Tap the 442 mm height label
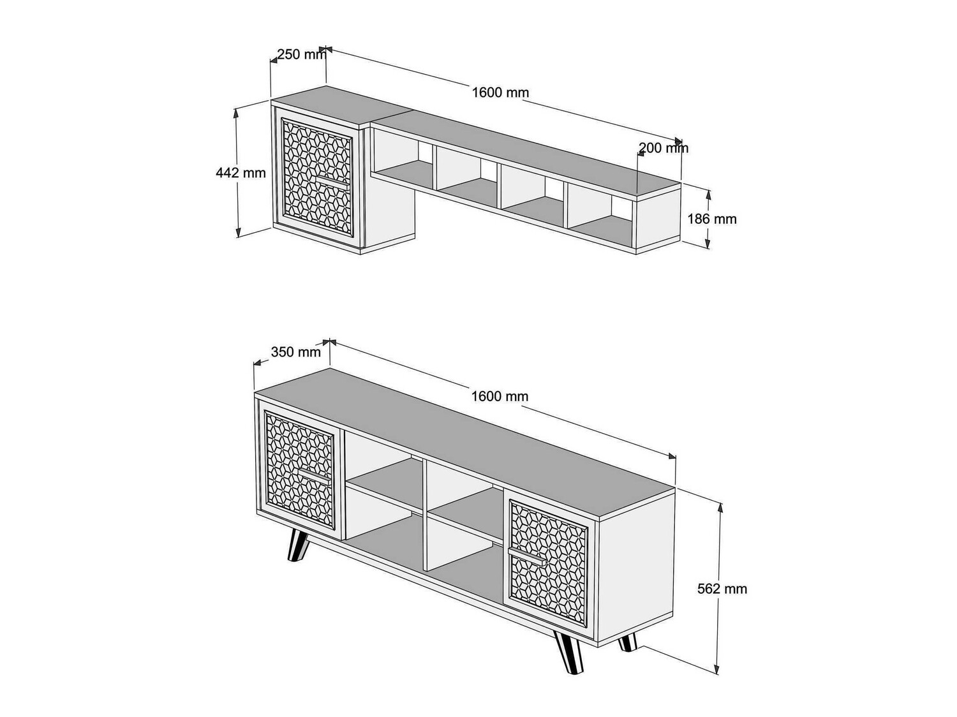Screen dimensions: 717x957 pos(241,172)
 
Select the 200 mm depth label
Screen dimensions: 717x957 pos(664,148)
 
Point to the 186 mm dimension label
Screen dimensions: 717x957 pos(712,219)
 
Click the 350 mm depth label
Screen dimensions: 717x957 pos(296,351)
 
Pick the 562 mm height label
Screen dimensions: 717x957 pos(722,589)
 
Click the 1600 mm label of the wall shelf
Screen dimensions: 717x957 pos(501,92)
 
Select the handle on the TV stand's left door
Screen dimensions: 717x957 pos(314,477)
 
